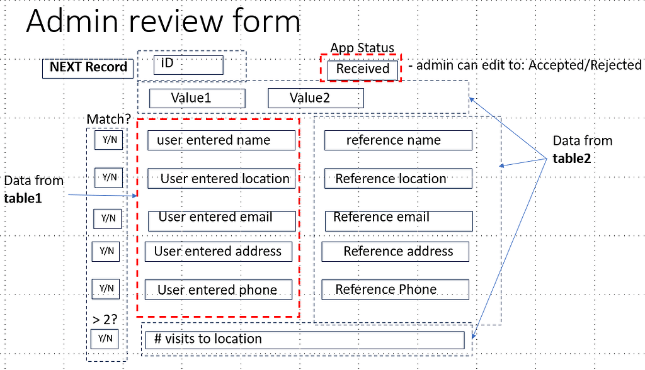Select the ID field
tap(188, 65)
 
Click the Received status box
tap(363, 69)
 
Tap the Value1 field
tap(197, 98)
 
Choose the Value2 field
tap(316, 98)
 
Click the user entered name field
tap(221, 140)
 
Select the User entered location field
tap(221, 179)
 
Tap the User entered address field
tap(218, 252)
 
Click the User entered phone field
tap(219, 290)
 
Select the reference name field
tap(398, 140)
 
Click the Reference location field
tap(398, 179)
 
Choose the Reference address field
tap(395, 252)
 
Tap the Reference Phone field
tap(395, 289)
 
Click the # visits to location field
tap(305, 340)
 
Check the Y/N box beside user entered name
tap(108, 140)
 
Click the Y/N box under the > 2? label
tap(105, 339)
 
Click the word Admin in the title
tap(71, 23)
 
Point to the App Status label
tap(362, 48)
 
